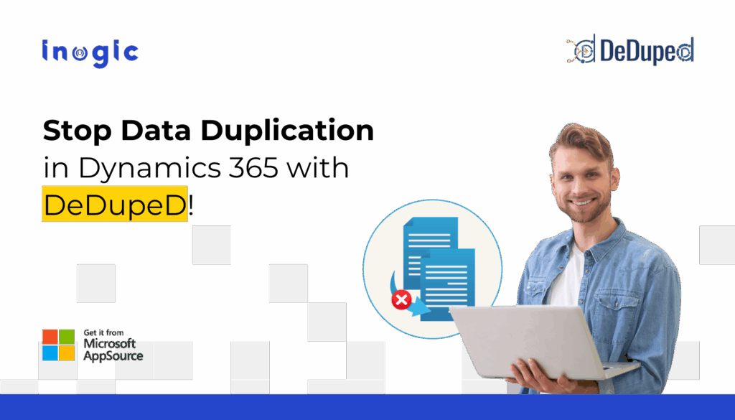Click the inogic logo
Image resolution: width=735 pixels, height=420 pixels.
point(90,53)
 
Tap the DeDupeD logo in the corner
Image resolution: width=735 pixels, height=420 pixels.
point(629,50)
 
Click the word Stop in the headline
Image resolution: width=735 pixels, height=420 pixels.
point(77,131)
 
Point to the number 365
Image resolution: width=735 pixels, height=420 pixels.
point(253,167)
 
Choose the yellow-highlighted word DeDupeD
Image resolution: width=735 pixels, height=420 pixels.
point(115,204)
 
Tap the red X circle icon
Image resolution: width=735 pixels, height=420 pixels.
point(401,299)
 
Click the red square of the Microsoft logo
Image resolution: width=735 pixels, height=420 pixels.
point(50,337)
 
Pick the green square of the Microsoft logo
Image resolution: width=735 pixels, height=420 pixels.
point(67,337)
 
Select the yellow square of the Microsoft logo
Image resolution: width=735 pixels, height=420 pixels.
point(67,353)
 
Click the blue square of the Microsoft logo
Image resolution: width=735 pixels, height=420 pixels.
point(50,353)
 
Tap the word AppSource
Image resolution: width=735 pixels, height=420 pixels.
point(113,356)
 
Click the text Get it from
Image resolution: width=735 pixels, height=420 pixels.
point(103,333)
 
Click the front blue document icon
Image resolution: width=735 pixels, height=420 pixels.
point(448,284)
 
